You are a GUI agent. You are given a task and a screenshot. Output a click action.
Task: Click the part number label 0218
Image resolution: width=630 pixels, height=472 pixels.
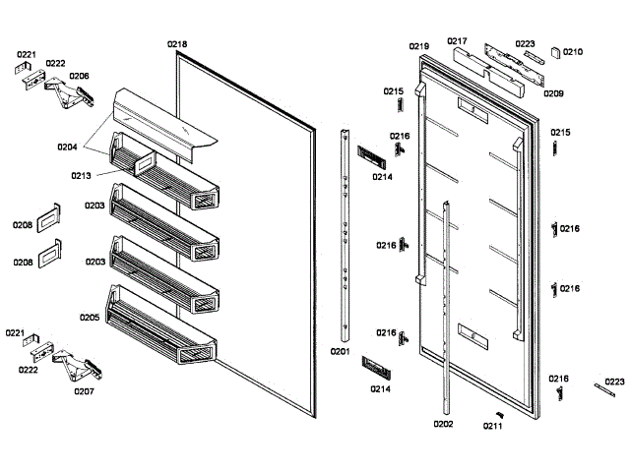177,43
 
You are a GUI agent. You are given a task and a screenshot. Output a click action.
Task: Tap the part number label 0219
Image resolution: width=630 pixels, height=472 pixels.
419,46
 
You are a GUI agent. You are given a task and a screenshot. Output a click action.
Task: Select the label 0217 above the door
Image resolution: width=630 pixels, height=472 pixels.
457,41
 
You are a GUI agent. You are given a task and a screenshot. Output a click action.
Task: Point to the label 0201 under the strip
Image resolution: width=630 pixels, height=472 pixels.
340,351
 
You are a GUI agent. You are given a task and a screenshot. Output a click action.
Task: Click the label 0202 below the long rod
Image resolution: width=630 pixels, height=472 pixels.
443,424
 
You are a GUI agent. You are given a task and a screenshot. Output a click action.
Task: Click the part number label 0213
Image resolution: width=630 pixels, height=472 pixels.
81,176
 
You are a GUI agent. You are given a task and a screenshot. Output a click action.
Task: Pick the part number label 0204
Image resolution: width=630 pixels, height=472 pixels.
67,147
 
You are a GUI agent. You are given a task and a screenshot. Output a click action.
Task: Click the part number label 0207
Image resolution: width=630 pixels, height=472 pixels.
84,390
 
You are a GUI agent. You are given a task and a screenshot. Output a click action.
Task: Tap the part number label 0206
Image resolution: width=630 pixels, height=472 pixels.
79,76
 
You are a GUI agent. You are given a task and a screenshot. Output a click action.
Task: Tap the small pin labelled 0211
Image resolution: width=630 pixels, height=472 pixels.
500,412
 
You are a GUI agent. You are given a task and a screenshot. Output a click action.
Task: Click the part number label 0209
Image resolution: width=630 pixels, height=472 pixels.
553,94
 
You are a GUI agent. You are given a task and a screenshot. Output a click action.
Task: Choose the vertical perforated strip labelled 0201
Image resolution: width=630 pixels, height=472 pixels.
346,236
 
